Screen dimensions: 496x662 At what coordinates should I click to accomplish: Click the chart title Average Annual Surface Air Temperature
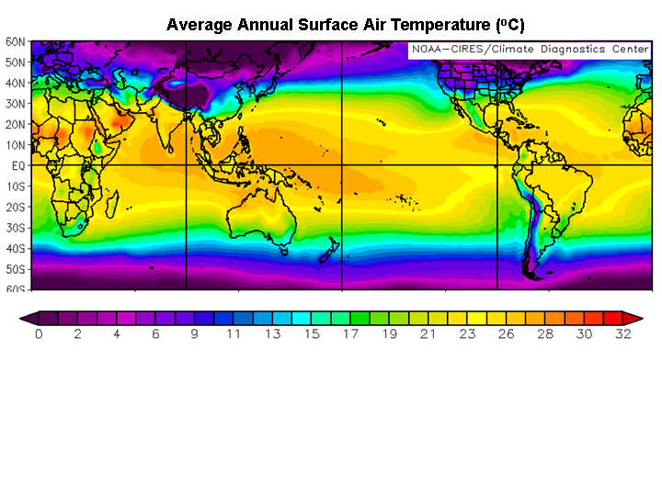(345, 25)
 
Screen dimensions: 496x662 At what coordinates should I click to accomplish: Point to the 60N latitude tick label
(16, 42)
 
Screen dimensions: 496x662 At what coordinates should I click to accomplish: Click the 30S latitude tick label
(16, 228)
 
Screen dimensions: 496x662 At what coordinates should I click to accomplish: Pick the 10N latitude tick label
(16, 145)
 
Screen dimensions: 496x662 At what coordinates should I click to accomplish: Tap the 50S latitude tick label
(16, 269)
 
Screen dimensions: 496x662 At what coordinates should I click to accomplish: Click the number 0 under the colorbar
(39, 334)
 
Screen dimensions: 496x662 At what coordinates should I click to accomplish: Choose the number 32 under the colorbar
(623, 334)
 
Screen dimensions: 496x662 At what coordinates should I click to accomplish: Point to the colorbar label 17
(350, 334)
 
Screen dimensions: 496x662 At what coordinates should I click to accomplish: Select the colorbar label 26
(507, 334)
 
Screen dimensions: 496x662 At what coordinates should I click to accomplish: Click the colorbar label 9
(194, 334)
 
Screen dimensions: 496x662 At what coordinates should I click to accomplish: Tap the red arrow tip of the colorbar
(634, 318)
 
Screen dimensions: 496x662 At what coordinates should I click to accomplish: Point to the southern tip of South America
(531, 274)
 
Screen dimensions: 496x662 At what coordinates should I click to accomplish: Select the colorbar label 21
(428, 334)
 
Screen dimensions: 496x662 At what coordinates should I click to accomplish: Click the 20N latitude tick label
(16, 124)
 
